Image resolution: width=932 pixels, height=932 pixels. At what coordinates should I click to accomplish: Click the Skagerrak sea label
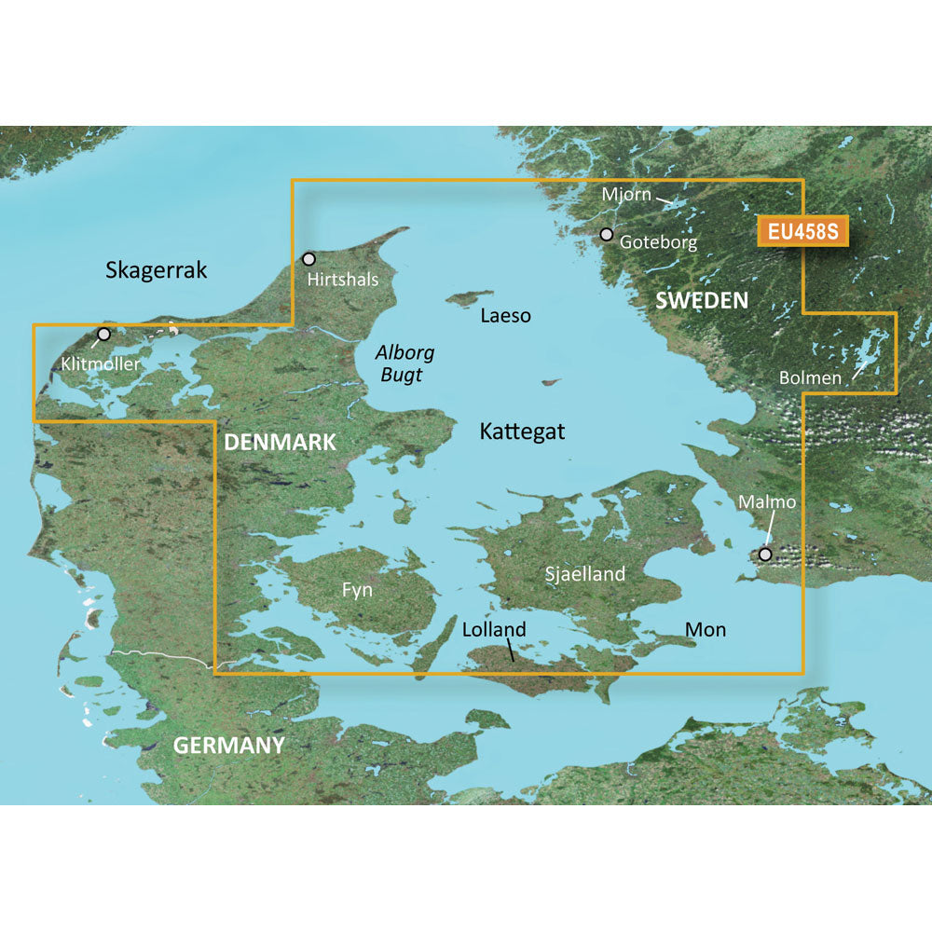click(x=157, y=270)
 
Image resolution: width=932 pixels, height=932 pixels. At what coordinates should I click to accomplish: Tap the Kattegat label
click(x=522, y=432)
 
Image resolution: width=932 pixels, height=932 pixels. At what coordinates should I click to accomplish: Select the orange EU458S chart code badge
click(x=802, y=231)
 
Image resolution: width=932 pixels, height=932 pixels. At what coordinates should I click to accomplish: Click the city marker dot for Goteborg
click(x=607, y=234)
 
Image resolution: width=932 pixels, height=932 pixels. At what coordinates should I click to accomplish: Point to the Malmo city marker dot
click(x=765, y=554)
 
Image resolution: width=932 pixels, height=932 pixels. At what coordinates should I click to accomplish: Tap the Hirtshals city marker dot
click(x=309, y=258)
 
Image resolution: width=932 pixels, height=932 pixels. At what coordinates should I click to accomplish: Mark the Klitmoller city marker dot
click(x=103, y=334)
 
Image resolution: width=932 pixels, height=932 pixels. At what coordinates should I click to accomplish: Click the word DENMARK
click(x=280, y=443)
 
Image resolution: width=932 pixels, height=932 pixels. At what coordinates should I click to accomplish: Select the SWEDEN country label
click(x=702, y=300)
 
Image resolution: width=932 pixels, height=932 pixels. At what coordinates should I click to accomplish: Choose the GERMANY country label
click(x=228, y=746)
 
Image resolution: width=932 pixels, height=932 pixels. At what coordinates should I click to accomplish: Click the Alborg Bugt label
click(x=404, y=364)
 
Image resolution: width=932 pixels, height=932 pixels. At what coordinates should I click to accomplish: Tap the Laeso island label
click(x=505, y=316)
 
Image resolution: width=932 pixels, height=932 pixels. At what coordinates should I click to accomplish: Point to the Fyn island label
click(x=358, y=590)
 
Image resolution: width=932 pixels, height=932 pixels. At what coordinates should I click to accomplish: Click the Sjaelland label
click(x=584, y=574)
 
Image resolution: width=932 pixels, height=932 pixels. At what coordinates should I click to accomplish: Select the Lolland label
click(x=494, y=630)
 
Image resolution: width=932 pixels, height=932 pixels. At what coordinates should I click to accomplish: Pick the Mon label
click(x=706, y=630)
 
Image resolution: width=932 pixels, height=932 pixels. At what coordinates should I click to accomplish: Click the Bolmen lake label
click(x=810, y=378)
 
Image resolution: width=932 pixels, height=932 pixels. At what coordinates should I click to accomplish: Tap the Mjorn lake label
click(x=625, y=195)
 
